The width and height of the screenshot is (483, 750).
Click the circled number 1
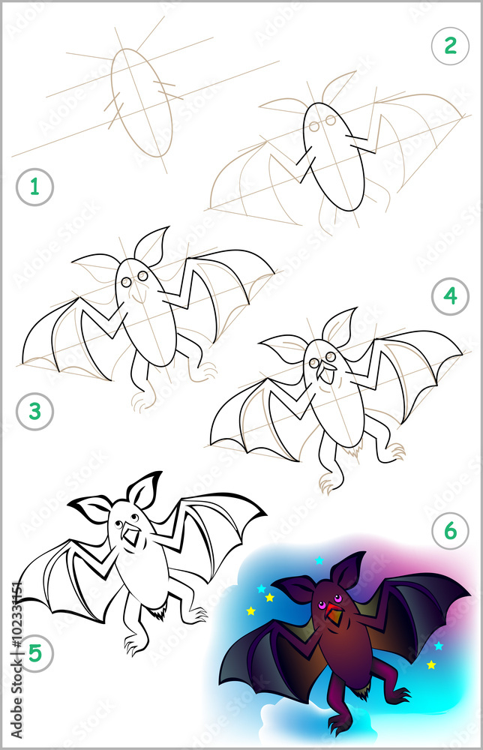34,187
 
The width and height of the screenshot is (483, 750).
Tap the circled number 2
450,46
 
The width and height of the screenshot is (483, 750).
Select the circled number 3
34,411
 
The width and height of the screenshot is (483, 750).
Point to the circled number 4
450,296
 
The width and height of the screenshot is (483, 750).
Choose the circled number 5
34,653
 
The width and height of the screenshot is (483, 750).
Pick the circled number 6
450,531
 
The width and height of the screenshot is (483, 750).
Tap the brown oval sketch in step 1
142,102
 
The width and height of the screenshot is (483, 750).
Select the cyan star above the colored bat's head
319,560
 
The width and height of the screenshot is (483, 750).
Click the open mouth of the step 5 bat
132,535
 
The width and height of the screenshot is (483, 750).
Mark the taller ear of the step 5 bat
144,489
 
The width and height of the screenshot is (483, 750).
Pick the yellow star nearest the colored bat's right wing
431,664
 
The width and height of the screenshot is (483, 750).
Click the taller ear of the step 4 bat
340,325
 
